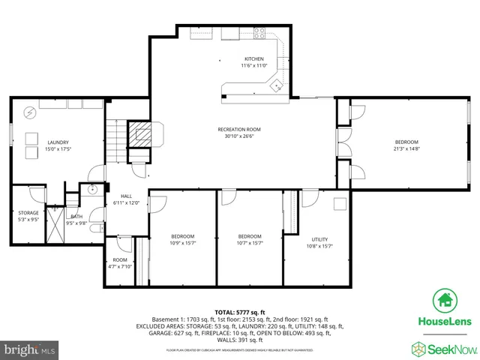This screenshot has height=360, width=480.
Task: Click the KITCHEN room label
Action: point(254,59)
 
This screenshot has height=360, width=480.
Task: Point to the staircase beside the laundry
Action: point(113,142)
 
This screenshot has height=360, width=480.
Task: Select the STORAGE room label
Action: point(28,213)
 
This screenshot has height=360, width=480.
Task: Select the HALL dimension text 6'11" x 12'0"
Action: point(126,202)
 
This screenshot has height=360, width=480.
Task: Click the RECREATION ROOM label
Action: point(239,130)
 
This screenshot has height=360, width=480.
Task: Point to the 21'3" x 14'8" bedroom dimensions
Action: point(406,149)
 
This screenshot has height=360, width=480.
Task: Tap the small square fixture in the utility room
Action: point(340,203)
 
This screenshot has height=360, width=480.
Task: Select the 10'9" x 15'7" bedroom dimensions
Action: point(182,242)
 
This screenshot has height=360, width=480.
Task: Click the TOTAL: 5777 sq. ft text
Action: point(239,311)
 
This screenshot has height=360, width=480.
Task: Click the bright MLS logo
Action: point(28,349)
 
